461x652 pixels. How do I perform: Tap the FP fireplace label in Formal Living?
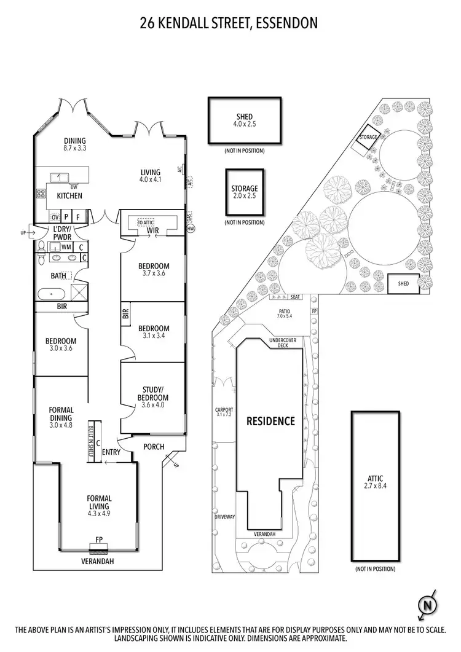click(x=98, y=540)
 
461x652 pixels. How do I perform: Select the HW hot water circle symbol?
click(x=190, y=229)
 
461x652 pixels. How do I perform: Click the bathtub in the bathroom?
click(x=51, y=293)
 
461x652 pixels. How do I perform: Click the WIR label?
click(x=154, y=231)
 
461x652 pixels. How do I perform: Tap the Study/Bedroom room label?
click(x=152, y=392)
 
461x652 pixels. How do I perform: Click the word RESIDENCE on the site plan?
click(x=270, y=421)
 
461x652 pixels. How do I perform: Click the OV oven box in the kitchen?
click(x=55, y=217)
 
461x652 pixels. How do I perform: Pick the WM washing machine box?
click(x=66, y=246)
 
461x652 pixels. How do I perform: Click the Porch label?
click(x=154, y=447)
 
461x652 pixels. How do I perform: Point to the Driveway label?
click(x=225, y=517)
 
